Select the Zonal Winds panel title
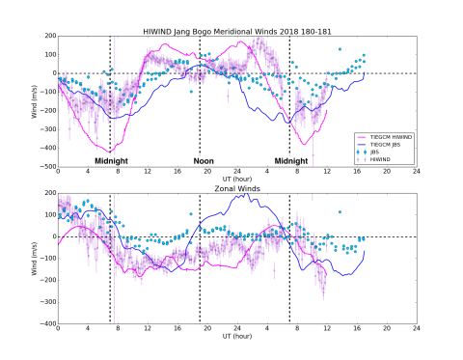point(236,186)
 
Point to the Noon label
point(203,160)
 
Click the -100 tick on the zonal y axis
point(47,259)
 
